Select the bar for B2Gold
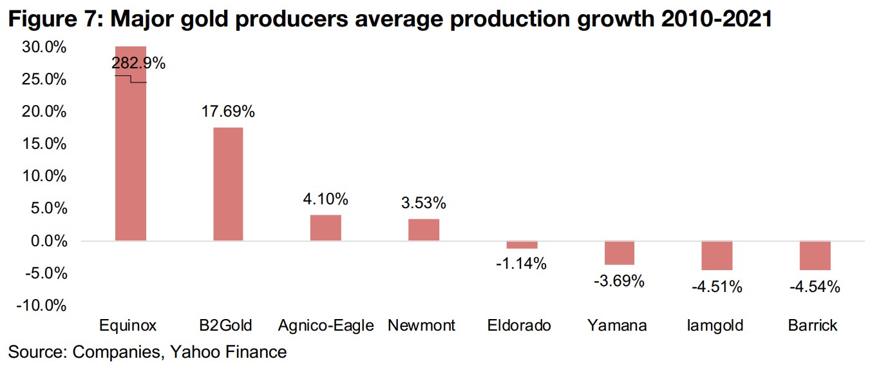(228, 184)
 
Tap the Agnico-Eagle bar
(326, 228)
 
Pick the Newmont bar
(424, 229)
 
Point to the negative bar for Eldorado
(522, 245)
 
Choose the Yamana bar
(620, 253)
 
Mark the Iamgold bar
(717, 255)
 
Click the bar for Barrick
(815, 255)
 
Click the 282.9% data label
(138, 63)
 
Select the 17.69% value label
(228, 112)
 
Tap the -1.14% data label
(522, 263)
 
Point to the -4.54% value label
(815, 287)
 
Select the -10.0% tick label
(41, 306)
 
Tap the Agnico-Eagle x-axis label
(326, 326)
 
